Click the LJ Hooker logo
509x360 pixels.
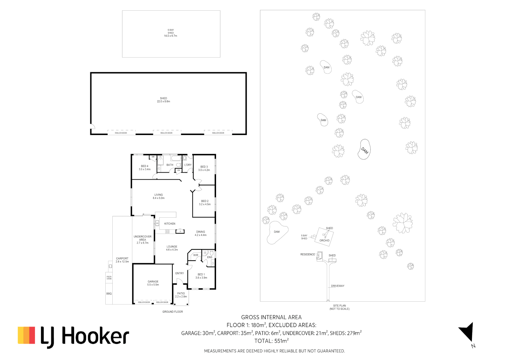click(x=73, y=336)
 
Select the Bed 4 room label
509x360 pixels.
click(x=145, y=168)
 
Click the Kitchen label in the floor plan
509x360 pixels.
click(x=170, y=224)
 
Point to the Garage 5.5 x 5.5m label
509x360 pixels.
click(x=153, y=283)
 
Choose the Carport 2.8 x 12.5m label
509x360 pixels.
click(x=122, y=260)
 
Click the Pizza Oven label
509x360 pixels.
click(x=109, y=278)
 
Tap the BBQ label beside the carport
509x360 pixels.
click(x=109, y=294)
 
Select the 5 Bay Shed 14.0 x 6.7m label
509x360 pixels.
click(x=171, y=33)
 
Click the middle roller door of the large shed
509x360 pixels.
click(x=167, y=133)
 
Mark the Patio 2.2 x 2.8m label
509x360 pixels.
click(x=181, y=295)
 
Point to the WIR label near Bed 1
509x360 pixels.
click(x=196, y=255)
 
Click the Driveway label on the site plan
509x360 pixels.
click(x=338, y=286)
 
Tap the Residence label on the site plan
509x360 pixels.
click(x=307, y=254)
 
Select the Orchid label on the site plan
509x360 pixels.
click(x=324, y=240)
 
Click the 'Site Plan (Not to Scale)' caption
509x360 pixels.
click(x=339, y=307)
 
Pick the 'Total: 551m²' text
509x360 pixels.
click(x=271, y=341)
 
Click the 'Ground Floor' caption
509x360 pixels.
click(x=173, y=312)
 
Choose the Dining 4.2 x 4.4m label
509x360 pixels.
click(x=201, y=233)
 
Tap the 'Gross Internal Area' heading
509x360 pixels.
click(x=271, y=317)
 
